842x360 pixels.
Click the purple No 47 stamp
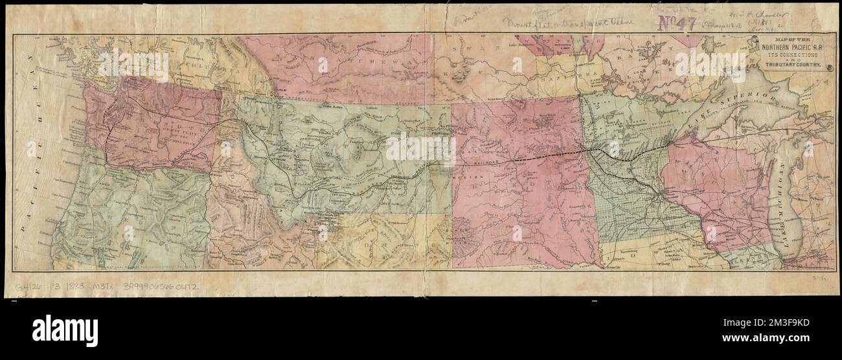pyautogui.click(x=676, y=24)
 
